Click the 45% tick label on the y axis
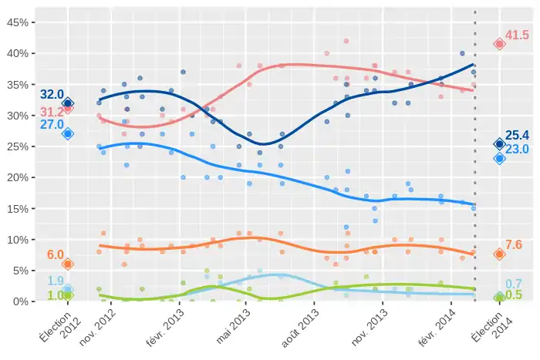coord(17,22)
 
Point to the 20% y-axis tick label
coord(17,177)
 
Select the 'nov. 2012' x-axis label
coord(100,327)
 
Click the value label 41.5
coord(517,35)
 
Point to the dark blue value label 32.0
coord(52,95)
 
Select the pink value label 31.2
coord(50,113)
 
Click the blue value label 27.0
coord(52,124)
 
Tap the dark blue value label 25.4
coord(517,136)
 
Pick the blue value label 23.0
coord(517,149)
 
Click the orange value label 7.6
coord(514,244)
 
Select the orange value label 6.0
coord(56,255)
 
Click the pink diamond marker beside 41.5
coord(499,44)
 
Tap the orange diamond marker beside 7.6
coord(499,254)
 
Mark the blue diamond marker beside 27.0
coord(68,133)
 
